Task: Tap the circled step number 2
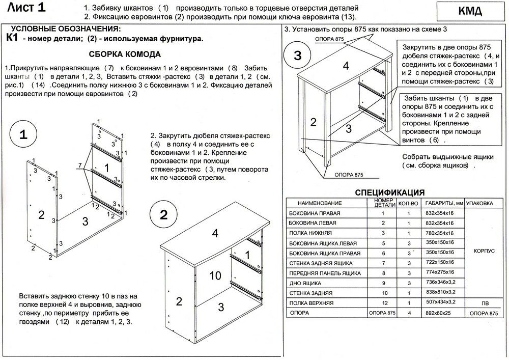pyautogui.click(x=163, y=214)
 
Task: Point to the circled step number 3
pyautogui.click(x=298, y=56)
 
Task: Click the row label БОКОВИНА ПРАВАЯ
pyautogui.click(x=315, y=213)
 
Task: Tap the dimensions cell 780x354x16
pyautogui.click(x=439, y=233)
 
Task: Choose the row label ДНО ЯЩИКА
pyautogui.click(x=305, y=283)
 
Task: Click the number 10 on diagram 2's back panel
pyautogui.click(x=215, y=276)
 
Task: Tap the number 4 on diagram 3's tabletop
pyautogui.click(x=346, y=66)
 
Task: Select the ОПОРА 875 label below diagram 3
pyautogui.click(x=348, y=175)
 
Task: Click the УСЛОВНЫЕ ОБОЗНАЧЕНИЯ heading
pyautogui.click(x=66, y=28)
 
